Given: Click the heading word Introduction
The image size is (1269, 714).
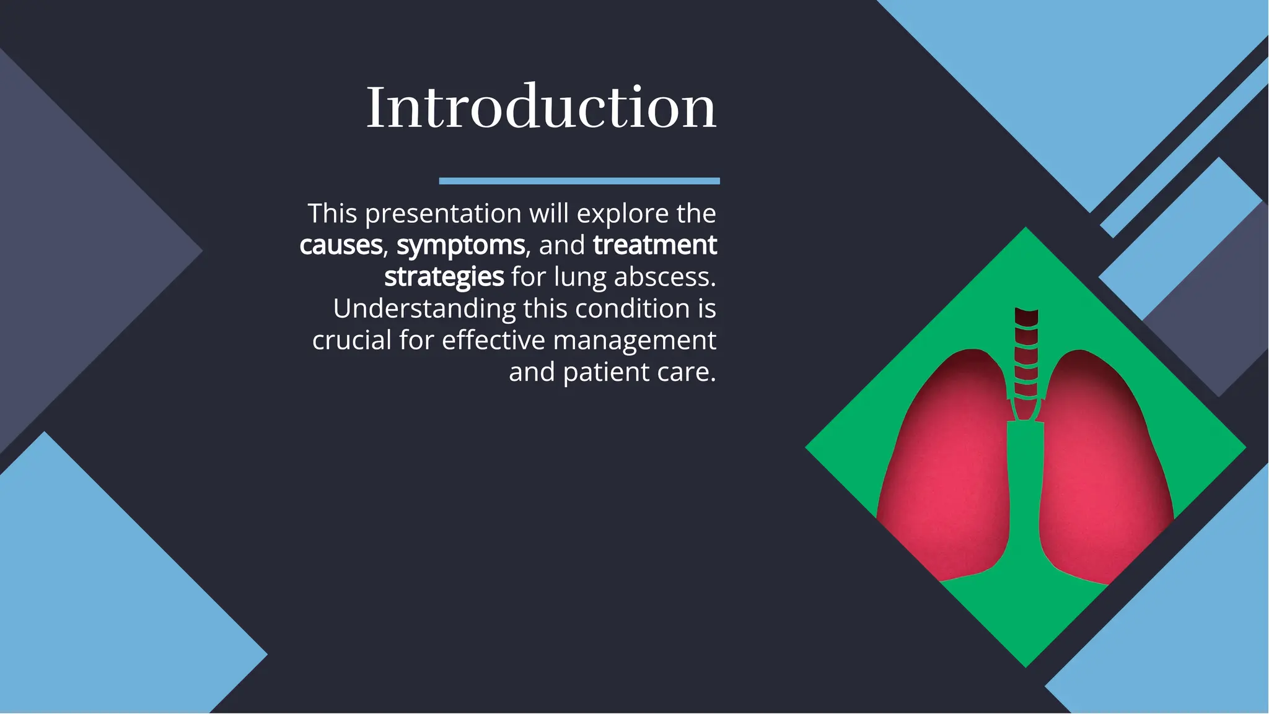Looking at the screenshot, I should click(x=541, y=107).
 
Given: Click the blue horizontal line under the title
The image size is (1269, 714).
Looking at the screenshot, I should click(x=579, y=181).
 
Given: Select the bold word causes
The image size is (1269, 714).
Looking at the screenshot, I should click(x=341, y=245).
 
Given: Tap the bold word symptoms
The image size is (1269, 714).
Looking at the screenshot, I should click(x=460, y=245).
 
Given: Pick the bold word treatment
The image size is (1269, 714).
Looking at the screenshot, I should click(x=655, y=245).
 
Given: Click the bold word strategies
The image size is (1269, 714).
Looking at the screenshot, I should click(x=444, y=277).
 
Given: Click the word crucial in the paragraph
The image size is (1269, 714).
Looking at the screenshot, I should click(x=351, y=341).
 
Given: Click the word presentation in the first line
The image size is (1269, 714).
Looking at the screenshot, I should click(x=443, y=214).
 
